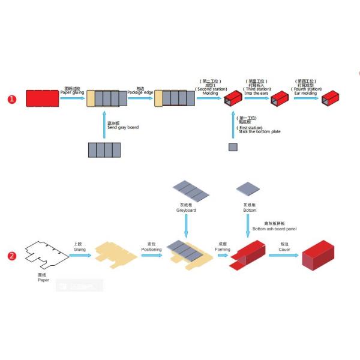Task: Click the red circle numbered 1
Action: [x=12, y=99]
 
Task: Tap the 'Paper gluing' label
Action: [x=72, y=92]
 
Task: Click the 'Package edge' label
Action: [x=140, y=92]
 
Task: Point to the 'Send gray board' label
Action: [x=122, y=127]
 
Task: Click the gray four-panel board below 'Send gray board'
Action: [x=104, y=150]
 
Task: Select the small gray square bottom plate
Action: [x=232, y=147]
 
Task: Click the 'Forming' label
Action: [x=223, y=248]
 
